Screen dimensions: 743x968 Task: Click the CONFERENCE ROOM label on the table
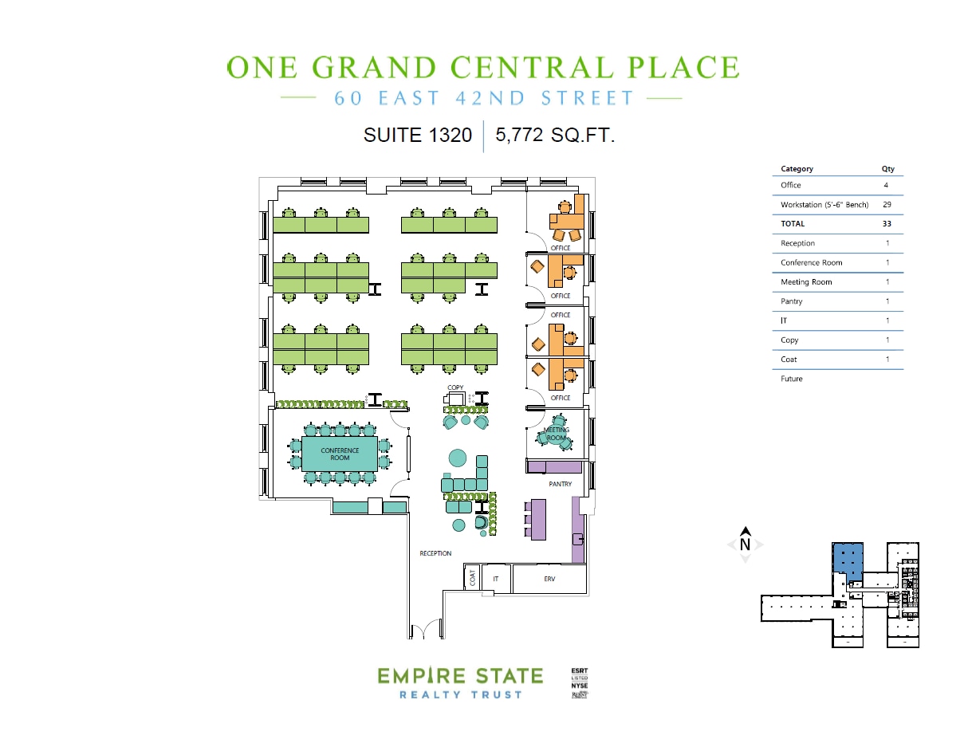pos(340,454)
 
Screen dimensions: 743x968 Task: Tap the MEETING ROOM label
pos(556,434)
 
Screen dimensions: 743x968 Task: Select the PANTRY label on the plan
pos(561,484)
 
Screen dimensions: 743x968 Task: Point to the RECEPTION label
pos(435,553)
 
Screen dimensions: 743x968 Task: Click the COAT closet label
pos(473,577)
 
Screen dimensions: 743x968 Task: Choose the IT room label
pos(496,579)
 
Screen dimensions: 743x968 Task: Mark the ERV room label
pos(549,579)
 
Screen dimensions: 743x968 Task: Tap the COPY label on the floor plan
pos(455,387)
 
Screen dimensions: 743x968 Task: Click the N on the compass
pos(746,545)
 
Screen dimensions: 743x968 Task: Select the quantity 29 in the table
pos(887,205)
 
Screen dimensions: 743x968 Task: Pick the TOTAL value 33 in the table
pos(887,224)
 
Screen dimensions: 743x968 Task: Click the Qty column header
pos(887,169)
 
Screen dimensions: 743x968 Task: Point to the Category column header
pos(797,169)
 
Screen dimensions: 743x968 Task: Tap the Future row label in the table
pos(792,379)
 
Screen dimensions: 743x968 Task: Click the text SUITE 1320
pos(418,136)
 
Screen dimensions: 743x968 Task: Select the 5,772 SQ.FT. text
pos(555,136)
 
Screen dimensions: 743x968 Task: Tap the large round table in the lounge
pos(457,458)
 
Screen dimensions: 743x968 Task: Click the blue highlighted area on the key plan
pos(848,559)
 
